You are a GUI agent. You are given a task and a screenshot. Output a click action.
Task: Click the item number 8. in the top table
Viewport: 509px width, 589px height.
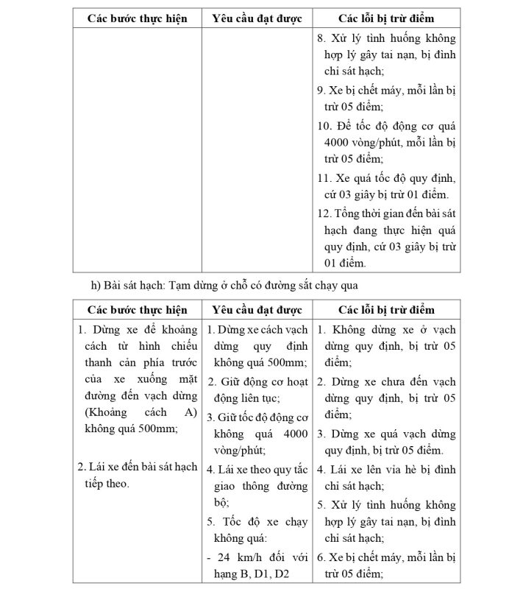click(321, 38)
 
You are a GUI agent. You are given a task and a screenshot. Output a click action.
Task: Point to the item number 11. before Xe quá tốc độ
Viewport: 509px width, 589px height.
click(324, 177)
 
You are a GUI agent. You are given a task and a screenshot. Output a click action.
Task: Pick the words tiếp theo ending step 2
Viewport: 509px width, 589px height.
click(102, 483)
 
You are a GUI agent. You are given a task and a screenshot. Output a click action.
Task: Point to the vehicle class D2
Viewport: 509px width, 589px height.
click(279, 574)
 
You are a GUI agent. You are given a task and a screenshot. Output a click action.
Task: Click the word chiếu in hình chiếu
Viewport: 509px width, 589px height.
click(179, 345)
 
